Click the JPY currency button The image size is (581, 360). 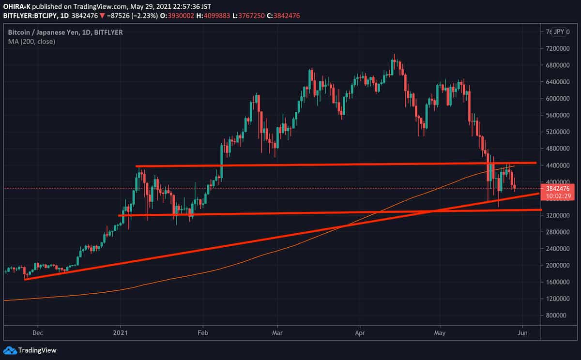[559, 32]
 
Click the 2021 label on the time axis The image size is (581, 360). [120, 333]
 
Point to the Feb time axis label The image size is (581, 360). [203, 333]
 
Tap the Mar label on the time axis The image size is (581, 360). [277, 333]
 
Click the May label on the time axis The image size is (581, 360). [440, 333]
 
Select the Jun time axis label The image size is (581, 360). [522, 333]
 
